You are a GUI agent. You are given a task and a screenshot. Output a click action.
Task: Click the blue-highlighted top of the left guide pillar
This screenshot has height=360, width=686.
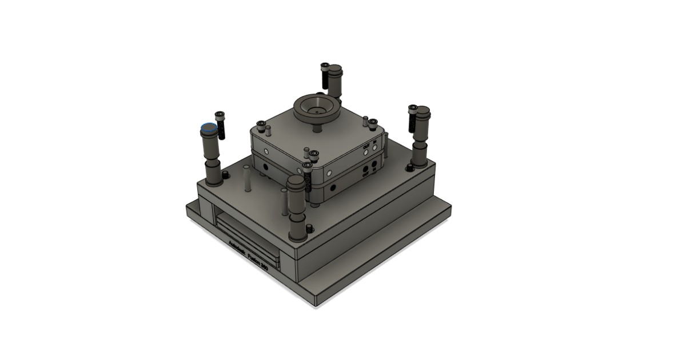[x=209, y=129]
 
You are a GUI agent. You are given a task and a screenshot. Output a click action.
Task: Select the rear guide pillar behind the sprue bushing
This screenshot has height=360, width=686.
[x=334, y=80]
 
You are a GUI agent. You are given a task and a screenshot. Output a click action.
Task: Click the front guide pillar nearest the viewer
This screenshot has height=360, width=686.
[x=296, y=206]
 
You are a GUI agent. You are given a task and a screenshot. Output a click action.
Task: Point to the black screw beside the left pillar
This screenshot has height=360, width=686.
[x=221, y=126]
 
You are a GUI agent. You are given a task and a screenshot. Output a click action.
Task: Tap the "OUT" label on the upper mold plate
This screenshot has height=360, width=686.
[x=366, y=146]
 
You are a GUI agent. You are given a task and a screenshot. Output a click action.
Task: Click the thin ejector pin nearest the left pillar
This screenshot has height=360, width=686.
[x=246, y=178]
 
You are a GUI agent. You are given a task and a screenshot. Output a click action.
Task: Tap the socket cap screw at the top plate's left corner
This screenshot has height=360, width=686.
[x=261, y=124]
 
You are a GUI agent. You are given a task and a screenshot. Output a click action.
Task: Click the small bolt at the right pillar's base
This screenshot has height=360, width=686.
[x=409, y=167]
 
